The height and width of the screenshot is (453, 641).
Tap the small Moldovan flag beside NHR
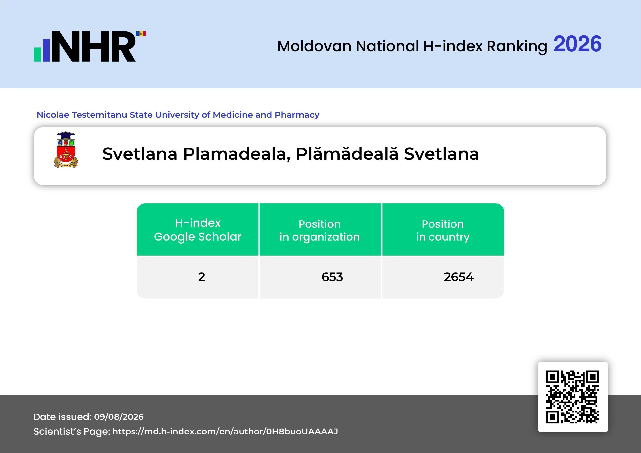tap(141, 34)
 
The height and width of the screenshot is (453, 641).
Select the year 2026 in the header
tap(577, 44)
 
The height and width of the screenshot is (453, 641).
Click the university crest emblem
tap(66, 150)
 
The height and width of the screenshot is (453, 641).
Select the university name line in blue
tap(178, 115)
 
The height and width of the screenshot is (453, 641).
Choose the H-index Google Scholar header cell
tap(198, 230)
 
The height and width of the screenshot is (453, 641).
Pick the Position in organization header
tap(320, 230)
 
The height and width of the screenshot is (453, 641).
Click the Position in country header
tap(443, 230)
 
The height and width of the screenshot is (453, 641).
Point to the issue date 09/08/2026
tap(119, 417)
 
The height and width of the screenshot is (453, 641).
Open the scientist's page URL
tap(225, 431)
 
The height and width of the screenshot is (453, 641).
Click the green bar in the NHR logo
tap(38, 54)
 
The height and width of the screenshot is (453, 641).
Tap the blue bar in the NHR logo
tap(46, 50)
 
